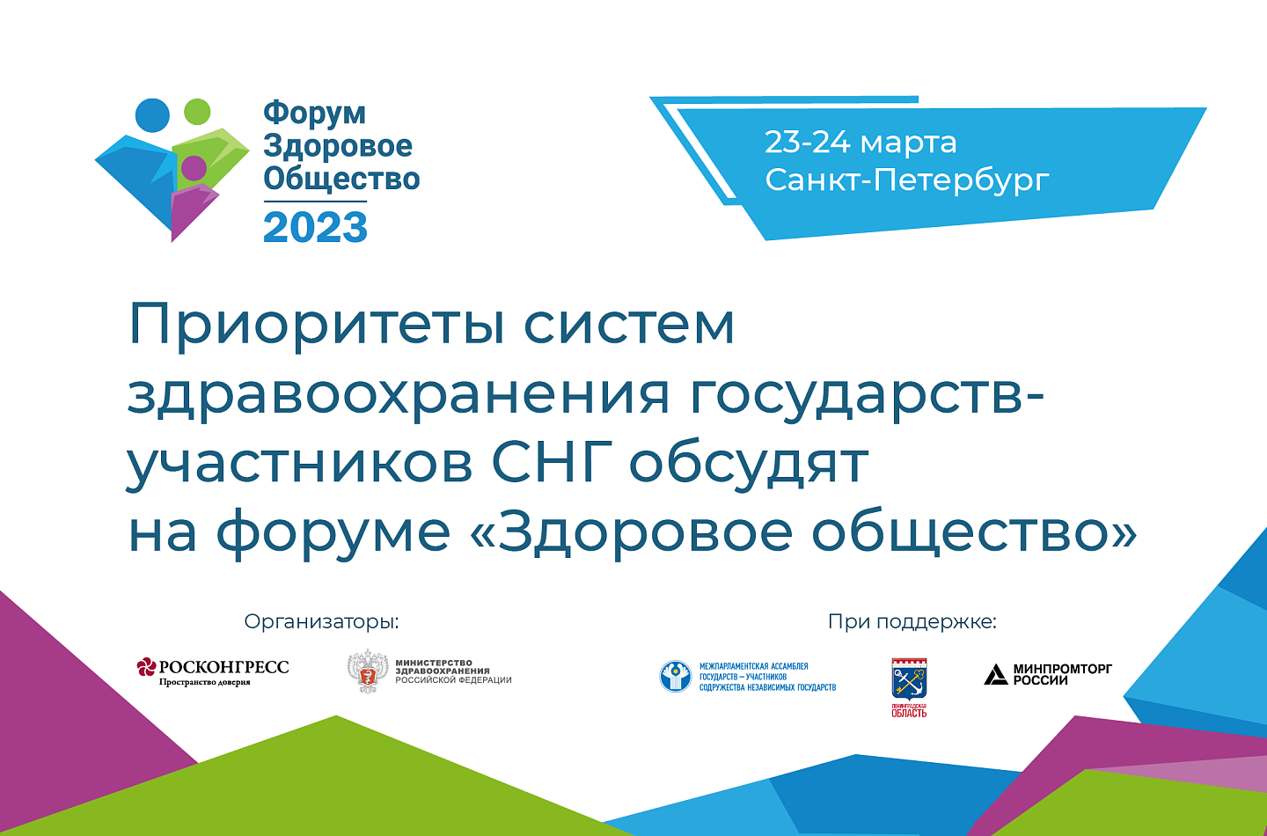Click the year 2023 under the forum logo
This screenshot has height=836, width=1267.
[x=316, y=227]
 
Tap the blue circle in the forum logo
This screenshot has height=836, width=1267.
[x=152, y=115]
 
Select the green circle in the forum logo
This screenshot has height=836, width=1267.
[x=197, y=112]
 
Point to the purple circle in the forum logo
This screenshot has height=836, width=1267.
[x=194, y=168]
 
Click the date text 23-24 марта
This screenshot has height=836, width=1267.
[x=861, y=142]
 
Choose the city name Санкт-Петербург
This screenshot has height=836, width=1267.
[x=906, y=180]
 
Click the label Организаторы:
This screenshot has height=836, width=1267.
[x=321, y=621]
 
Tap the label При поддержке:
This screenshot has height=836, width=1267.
[x=912, y=621]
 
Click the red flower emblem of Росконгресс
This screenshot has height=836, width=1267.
[x=146, y=667]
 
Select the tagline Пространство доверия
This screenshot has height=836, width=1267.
[x=204, y=682]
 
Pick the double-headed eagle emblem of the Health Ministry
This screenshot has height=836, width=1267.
[x=368, y=671]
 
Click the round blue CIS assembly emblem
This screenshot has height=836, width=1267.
[x=676, y=676]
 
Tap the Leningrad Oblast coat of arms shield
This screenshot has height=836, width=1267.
[x=909, y=679]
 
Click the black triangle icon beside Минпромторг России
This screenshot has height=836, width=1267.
[x=995, y=674]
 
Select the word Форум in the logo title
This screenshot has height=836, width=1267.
[x=314, y=114]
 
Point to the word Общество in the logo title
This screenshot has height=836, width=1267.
[x=341, y=178]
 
